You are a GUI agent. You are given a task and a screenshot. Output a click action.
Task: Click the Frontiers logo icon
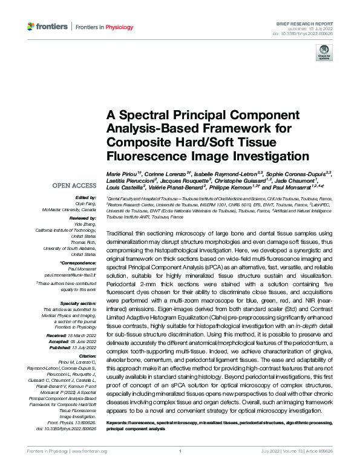pos(31,26)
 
